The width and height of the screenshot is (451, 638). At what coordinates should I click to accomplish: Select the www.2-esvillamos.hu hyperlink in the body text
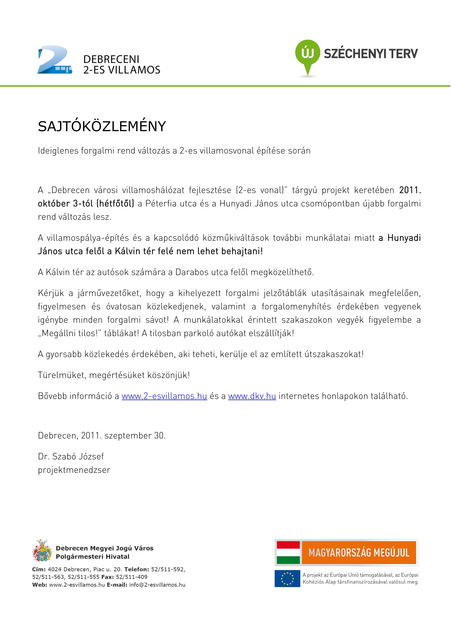(164, 396)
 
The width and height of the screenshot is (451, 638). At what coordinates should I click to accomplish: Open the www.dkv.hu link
(252, 396)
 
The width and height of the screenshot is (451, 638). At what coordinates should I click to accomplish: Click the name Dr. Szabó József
(71, 456)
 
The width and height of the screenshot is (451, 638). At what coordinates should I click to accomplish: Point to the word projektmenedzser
(74, 470)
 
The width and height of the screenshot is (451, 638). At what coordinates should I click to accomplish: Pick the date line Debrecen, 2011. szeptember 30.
(102, 435)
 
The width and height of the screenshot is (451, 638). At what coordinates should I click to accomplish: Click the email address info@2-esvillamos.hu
(157, 585)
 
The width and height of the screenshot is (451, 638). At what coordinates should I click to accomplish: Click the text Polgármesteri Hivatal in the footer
(93, 557)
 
